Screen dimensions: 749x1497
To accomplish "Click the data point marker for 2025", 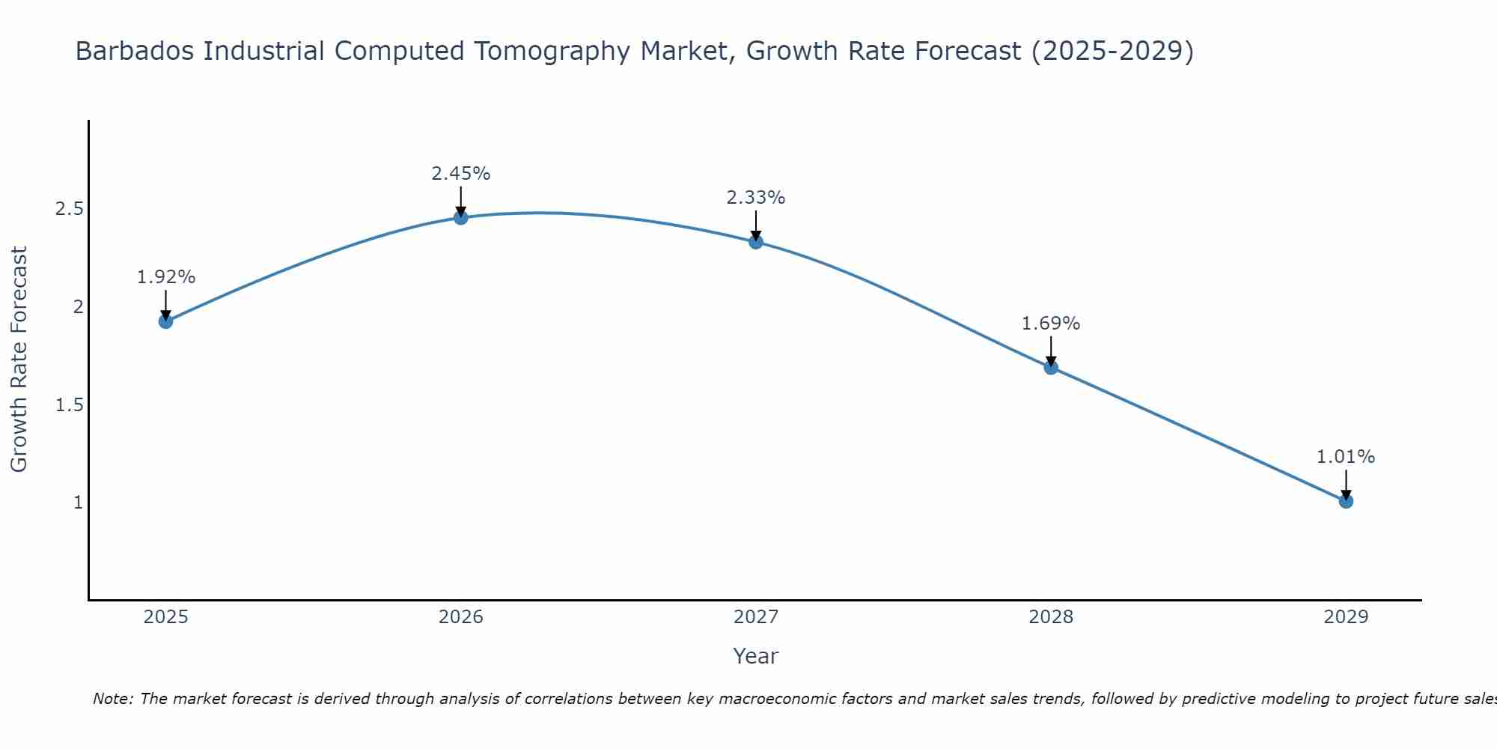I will click(166, 321).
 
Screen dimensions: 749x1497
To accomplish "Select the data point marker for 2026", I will click(461, 217).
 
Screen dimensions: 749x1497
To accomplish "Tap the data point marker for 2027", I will click(756, 241).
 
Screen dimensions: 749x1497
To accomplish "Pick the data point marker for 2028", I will click(1051, 367).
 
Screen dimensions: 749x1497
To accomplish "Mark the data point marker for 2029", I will click(1346, 501).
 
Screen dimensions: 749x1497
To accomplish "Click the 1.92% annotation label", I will click(166, 277).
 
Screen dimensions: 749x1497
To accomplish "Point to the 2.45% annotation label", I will click(461, 174).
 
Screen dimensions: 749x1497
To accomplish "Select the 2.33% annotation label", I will click(756, 198).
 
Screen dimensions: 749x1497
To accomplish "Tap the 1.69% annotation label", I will click(1051, 324).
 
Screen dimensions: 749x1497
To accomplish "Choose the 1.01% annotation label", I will click(1346, 457).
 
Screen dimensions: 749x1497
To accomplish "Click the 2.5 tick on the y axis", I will click(69, 209).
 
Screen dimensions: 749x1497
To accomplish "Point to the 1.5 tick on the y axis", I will click(69, 405).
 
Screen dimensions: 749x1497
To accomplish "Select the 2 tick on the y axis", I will click(78, 307).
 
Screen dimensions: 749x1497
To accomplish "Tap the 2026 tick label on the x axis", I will click(461, 617).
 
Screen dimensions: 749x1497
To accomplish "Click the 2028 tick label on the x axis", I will click(1051, 617).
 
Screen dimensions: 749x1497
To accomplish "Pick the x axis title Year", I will click(756, 656).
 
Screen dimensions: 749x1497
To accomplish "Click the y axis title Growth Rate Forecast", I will click(19, 360).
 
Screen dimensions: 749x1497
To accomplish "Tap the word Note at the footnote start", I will click(112, 699).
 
